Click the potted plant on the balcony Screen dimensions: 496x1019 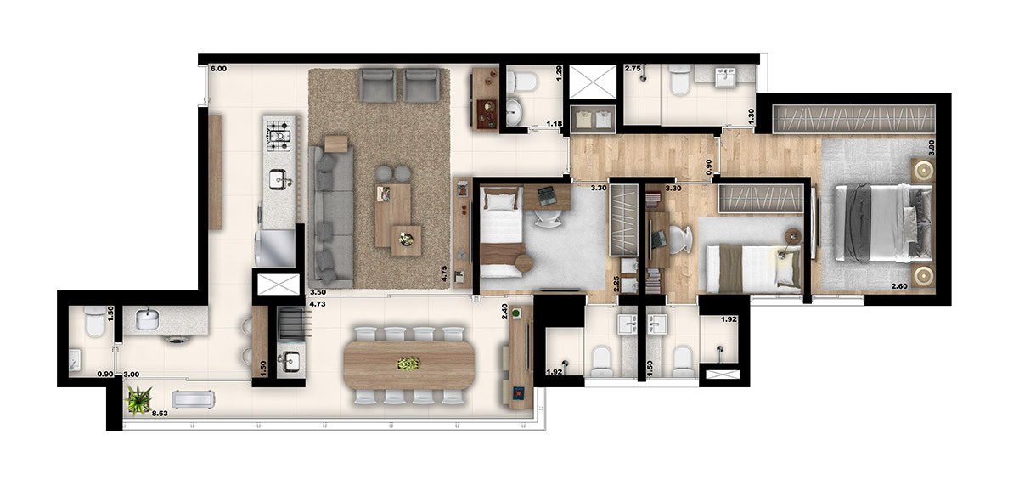pyautogui.click(x=138, y=398)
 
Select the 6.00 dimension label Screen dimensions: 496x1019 pyautogui.click(x=218, y=68)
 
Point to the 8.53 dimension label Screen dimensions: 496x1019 pyautogui.click(x=160, y=414)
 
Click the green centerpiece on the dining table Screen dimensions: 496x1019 pyautogui.click(x=408, y=364)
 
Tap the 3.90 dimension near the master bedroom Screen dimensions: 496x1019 pyautogui.click(x=932, y=145)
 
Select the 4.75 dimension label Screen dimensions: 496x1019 pyautogui.click(x=444, y=273)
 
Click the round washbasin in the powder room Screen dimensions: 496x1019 pyautogui.click(x=515, y=111)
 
